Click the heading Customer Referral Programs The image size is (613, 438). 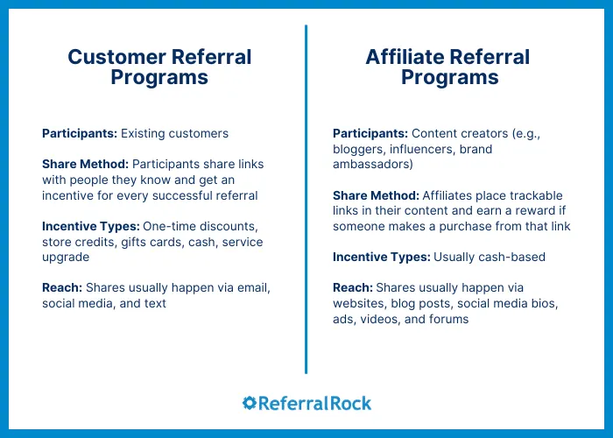159,67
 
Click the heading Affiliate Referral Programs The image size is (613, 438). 449,67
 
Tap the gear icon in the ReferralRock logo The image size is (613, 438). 250,403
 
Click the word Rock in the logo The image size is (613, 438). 350,403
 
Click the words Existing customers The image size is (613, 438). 174,134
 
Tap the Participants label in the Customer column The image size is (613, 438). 79,134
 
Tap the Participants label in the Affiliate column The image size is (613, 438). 370,134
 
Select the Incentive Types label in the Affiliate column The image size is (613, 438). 379,258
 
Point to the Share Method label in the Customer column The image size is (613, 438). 83,165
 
